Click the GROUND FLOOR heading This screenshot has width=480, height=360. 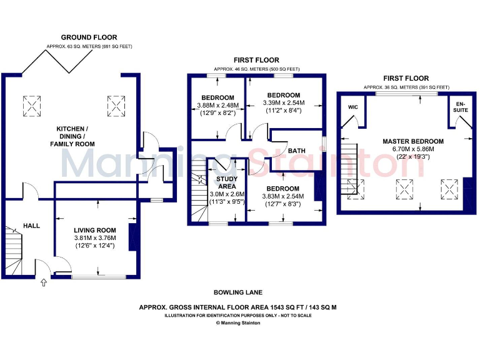(x=89, y=37)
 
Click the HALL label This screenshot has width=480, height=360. (x=32, y=225)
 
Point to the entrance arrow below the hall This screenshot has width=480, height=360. (x=43, y=283)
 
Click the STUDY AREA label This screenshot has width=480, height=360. (x=226, y=182)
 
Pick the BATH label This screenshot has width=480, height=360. (x=296, y=151)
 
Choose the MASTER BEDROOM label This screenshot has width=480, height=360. (x=413, y=141)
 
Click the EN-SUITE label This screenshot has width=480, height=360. (x=461, y=106)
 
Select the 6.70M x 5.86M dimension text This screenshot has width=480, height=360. (x=413, y=149)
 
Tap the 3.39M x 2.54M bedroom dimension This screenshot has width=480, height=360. (x=283, y=102)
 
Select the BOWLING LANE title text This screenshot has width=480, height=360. (x=238, y=292)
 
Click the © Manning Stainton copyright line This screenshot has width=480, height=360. (x=238, y=322)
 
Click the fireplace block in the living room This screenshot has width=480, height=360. (x=132, y=237)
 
